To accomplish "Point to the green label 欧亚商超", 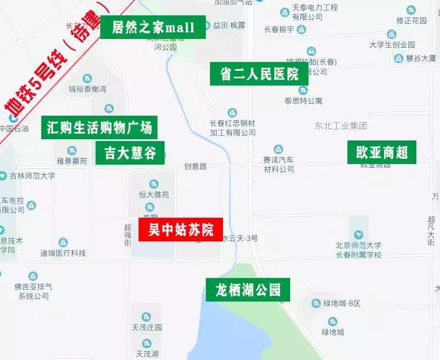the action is click(x=382, y=152).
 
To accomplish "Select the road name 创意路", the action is click(x=195, y=166).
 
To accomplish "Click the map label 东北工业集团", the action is click(x=341, y=126).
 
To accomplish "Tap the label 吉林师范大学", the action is click(x=32, y=176).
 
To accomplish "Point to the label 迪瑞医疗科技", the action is click(x=63, y=253).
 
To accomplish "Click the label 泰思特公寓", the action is click(x=303, y=101).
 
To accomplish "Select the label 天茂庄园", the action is click(x=146, y=328).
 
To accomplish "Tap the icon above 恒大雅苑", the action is click(x=154, y=184).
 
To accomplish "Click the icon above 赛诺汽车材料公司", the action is click(x=278, y=150).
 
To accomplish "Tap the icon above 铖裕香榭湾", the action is click(x=87, y=78).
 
